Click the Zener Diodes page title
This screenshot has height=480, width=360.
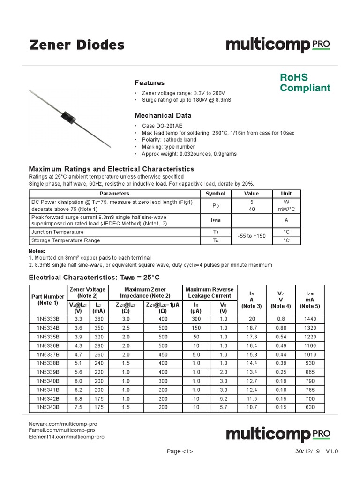(x=77, y=45)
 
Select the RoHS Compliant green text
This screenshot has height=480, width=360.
(x=305, y=82)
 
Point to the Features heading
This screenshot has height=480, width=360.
(x=150, y=82)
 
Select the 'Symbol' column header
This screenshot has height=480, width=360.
(x=215, y=194)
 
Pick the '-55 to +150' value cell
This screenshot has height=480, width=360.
(x=252, y=236)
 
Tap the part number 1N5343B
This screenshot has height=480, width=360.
(x=48, y=407)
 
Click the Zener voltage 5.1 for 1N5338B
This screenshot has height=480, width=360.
(x=78, y=363)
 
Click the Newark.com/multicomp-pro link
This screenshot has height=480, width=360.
(x=63, y=424)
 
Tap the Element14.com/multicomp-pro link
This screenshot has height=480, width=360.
(x=67, y=436)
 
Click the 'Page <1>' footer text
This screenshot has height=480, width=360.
(x=180, y=451)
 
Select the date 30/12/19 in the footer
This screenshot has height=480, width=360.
(x=307, y=451)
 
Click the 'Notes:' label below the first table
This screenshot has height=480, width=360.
(x=37, y=251)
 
